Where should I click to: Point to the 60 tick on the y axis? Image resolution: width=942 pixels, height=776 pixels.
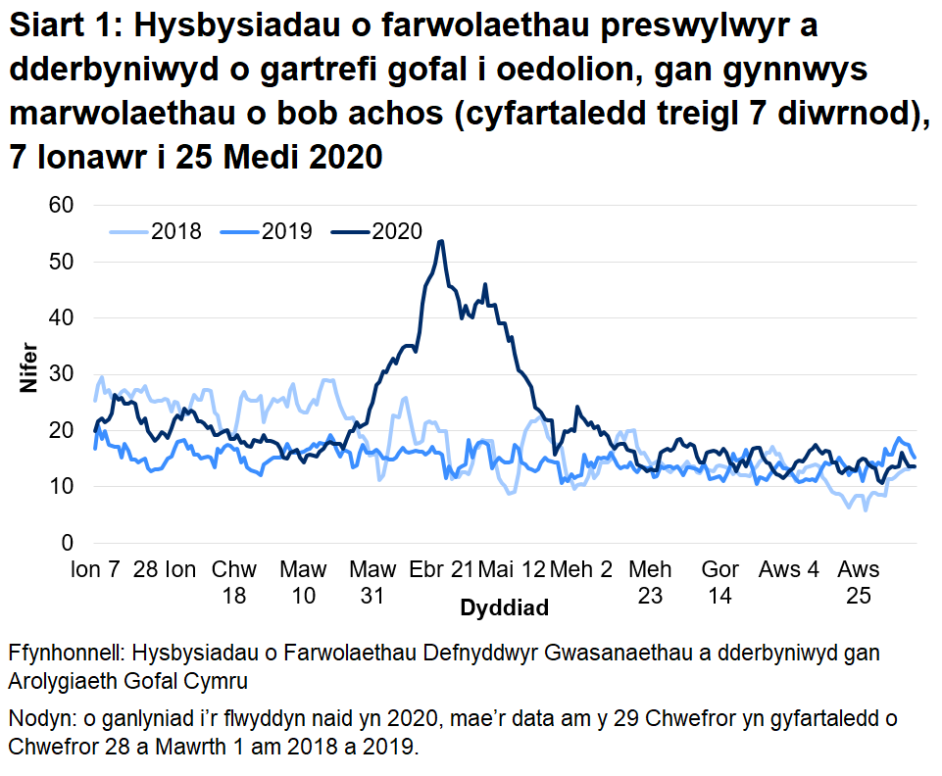(x=62, y=205)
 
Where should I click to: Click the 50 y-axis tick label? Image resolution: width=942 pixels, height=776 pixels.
(x=62, y=262)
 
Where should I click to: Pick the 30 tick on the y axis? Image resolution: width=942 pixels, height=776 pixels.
(x=62, y=374)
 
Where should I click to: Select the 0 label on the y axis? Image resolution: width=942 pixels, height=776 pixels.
(x=68, y=543)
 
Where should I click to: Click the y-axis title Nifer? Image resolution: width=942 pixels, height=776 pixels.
(x=28, y=366)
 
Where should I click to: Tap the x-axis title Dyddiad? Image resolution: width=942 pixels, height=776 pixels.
(x=504, y=607)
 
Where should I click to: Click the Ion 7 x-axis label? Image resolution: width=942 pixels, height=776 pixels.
(x=97, y=569)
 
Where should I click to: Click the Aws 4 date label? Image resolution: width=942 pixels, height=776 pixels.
(x=789, y=569)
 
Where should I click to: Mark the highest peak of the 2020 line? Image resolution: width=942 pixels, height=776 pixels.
(x=441, y=241)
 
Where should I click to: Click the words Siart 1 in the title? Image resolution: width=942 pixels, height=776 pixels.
(x=61, y=29)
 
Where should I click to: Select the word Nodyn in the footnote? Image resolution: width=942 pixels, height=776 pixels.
(x=39, y=720)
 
